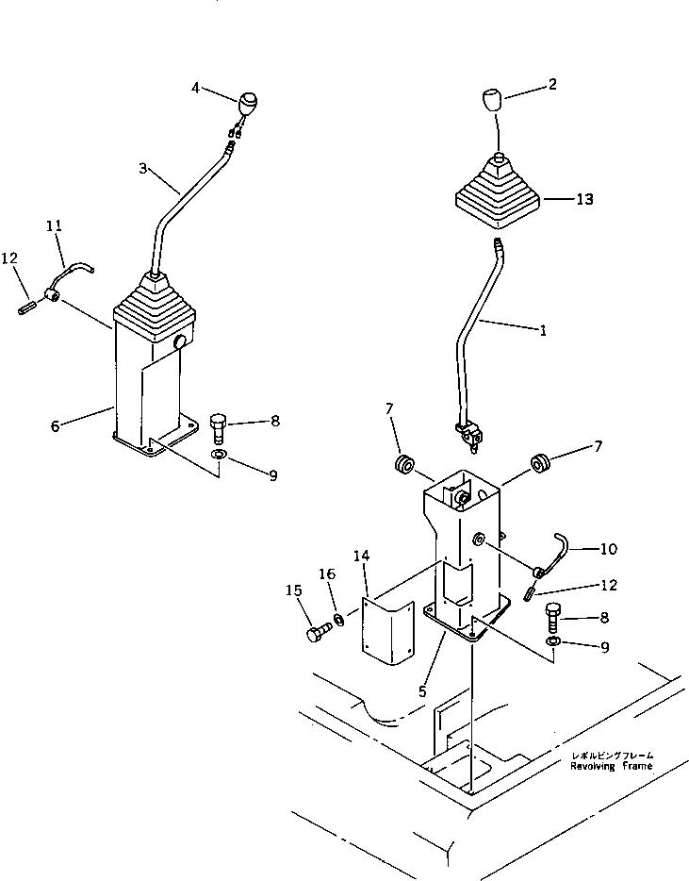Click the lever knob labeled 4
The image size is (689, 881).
(x=249, y=102)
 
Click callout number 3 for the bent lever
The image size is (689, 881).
(x=142, y=168)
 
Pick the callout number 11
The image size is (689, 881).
(x=55, y=226)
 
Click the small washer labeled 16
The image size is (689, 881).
(x=338, y=620)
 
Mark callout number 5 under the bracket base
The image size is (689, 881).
(x=422, y=690)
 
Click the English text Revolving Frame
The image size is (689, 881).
(x=610, y=767)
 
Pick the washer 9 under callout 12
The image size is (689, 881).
(x=555, y=642)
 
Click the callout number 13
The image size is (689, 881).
(x=584, y=200)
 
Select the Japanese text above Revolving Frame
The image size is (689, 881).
(x=611, y=756)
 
